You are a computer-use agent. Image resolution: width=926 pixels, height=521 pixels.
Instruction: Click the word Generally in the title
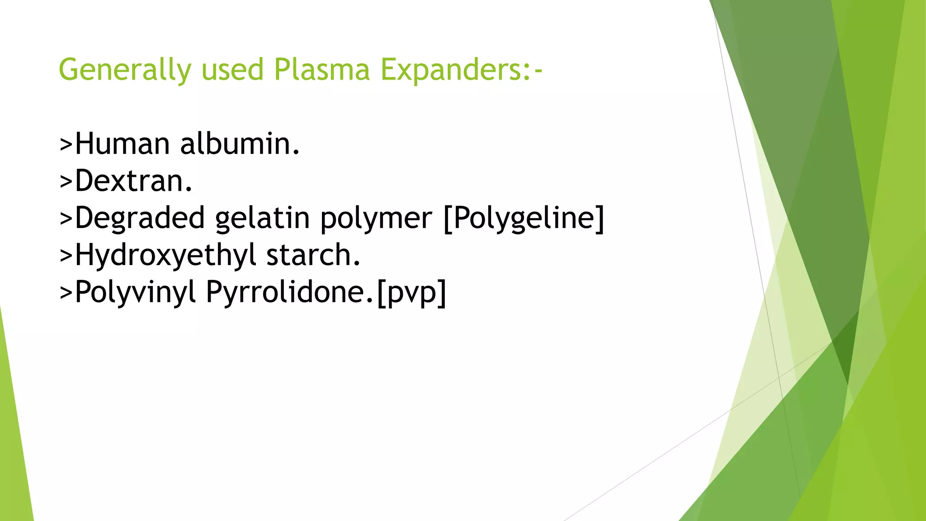125,70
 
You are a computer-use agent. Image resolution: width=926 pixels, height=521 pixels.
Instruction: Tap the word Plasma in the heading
322,70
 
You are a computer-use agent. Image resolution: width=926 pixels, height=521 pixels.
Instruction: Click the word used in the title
232,70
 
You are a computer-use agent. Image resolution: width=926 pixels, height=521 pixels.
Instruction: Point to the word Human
122,144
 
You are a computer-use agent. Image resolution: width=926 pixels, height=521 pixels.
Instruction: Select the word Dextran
133,181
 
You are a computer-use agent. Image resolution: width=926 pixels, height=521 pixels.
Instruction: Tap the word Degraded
140,218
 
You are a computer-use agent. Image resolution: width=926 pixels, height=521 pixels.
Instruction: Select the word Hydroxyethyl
165,256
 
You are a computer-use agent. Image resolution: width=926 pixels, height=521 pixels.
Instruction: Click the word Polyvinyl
135,293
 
